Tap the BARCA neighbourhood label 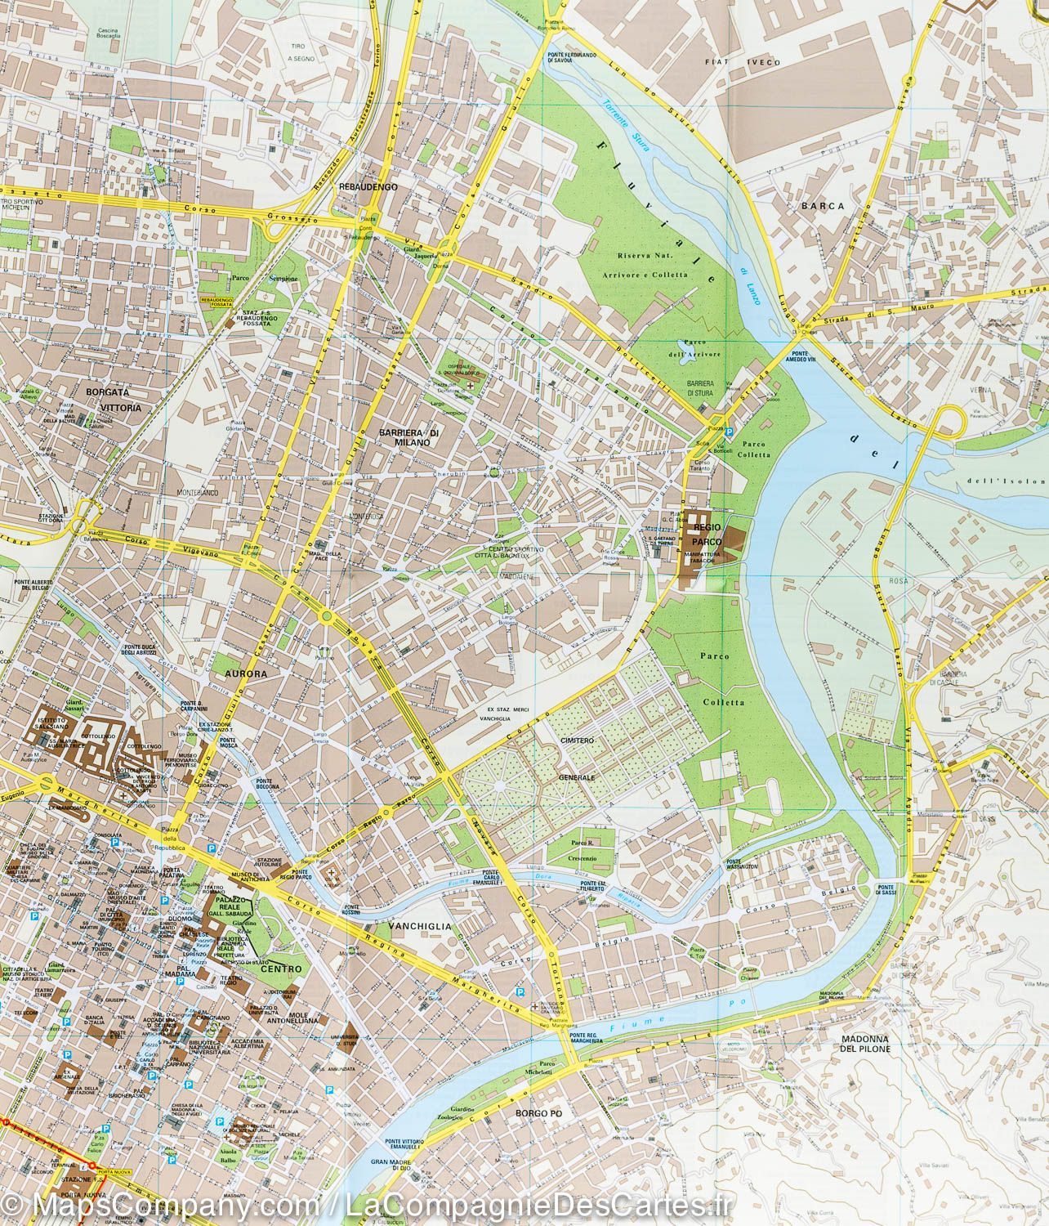tap(823, 206)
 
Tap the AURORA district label tap(240, 675)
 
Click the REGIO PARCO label tap(708, 528)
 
